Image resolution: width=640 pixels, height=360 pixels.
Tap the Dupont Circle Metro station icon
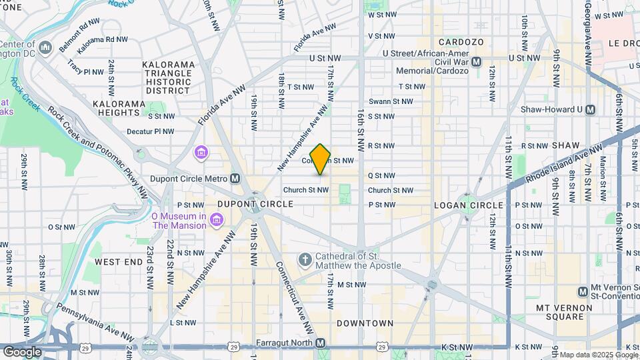(235, 179)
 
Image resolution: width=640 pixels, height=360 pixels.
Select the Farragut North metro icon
(321, 343)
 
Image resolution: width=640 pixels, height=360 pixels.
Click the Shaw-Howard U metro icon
(590, 109)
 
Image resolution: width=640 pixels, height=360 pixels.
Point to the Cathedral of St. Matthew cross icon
(305, 259)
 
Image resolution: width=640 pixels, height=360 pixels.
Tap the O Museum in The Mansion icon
(216, 220)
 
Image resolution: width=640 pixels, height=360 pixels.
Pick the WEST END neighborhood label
(119, 262)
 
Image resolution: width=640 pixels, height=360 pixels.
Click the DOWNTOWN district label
(365, 323)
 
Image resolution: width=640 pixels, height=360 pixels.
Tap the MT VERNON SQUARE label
(564, 313)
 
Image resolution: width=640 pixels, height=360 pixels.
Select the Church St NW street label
(306, 190)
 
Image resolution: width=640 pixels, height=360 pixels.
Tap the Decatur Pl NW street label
(150, 132)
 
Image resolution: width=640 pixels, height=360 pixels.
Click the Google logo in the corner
(22, 351)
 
